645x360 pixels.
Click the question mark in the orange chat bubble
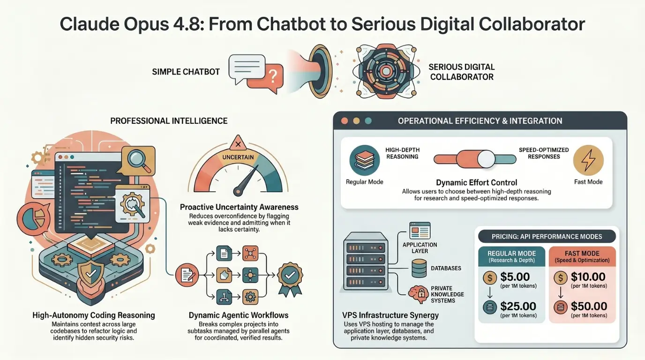pyautogui.click(x=272, y=76)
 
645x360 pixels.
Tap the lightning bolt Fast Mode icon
pyautogui.click(x=588, y=160)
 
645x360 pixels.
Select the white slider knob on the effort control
pyautogui.click(x=486, y=159)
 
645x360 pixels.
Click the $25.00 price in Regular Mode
pyautogui.click(x=518, y=306)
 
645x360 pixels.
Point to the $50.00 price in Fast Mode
pyautogui.click(x=589, y=306)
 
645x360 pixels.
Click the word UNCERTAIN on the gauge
pyautogui.click(x=238, y=157)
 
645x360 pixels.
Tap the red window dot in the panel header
pyautogui.click(x=345, y=121)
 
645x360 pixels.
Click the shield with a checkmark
pyautogui.click(x=91, y=273)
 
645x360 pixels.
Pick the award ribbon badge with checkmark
pyautogui.click(x=290, y=279)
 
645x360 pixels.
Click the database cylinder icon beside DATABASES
pyautogui.click(x=419, y=268)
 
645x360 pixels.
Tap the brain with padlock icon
pyautogui.click(x=418, y=294)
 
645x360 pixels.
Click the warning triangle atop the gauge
pyautogui.click(x=238, y=143)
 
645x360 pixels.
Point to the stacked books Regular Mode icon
pyautogui.click(x=365, y=160)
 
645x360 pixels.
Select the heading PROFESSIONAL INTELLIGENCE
pyautogui.click(x=169, y=121)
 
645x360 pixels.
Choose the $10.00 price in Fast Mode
pyautogui.click(x=588, y=277)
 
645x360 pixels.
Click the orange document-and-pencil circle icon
pyautogui.click(x=187, y=275)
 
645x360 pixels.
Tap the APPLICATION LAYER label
pyautogui.click(x=420, y=248)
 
